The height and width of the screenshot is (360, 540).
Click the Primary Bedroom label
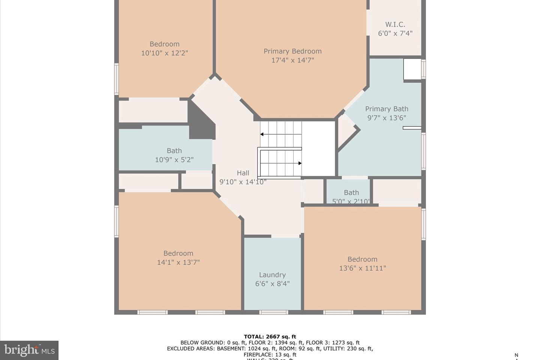[292, 51]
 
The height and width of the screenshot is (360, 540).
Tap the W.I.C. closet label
[395, 24]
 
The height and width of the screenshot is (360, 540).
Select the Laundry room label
[272, 275]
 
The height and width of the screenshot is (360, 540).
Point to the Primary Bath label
[387, 109]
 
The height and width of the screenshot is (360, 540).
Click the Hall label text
[243, 173]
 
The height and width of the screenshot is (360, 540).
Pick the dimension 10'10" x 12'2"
[165, 53]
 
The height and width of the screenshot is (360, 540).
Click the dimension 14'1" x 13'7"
[178, 262]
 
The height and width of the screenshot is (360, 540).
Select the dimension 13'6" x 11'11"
[362, 268]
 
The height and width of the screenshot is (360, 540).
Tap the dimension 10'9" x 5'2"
[174, 160]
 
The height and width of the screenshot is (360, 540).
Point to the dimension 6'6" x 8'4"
[272, 284]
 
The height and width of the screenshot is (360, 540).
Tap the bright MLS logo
[29, 350]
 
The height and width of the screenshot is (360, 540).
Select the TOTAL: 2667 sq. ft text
[270, 336]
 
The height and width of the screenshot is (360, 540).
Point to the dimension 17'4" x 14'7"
[292, 60]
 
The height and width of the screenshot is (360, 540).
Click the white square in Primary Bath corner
[412, 69]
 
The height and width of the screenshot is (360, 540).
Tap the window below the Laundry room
[274, 312]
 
